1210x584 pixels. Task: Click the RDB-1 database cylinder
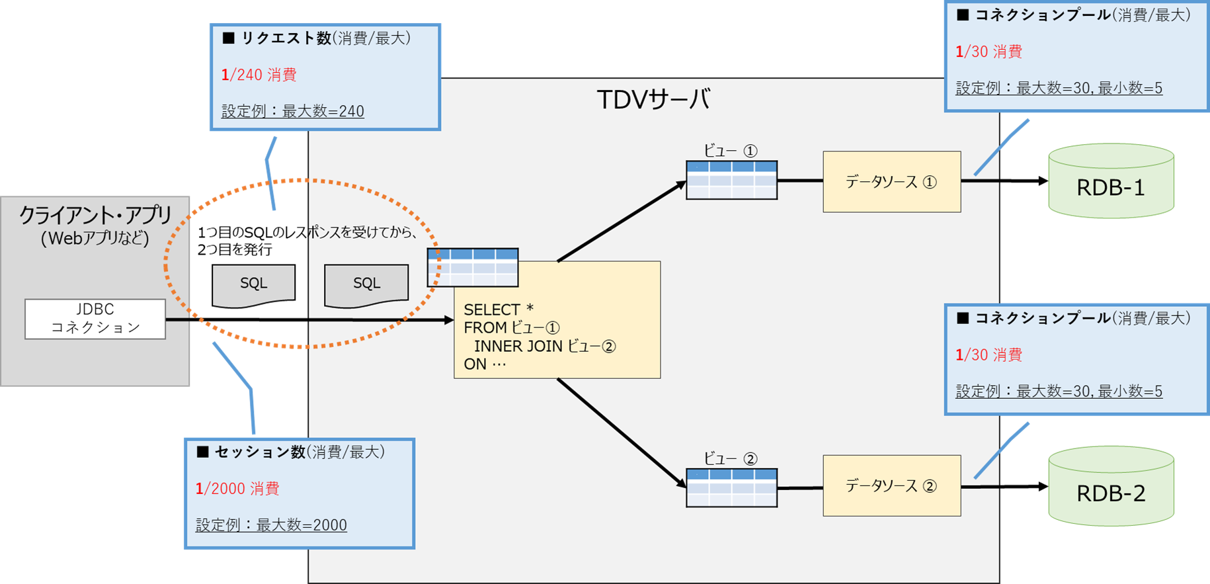click(1111, 181)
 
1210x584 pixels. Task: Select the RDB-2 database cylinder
click(1111, 486)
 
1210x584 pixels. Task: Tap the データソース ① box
click(891, 182)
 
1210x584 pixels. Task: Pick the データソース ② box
click(891, 486)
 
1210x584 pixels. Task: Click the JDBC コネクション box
click(95, 319)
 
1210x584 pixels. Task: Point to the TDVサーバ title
click(653, 100)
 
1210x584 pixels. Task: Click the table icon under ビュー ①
click(731, 180)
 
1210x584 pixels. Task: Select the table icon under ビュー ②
click(731, 488)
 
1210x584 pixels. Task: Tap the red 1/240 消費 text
click(259, 75)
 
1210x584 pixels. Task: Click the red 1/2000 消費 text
click(237, 489)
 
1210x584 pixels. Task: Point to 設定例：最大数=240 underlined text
click(293, 111)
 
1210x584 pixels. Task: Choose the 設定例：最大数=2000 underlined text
click(271, 525)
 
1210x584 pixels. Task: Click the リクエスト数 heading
click(286, 38)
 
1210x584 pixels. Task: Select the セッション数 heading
click(260, 452)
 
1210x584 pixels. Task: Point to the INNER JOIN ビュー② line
click(545, 346)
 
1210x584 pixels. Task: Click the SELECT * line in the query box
click(499, 310)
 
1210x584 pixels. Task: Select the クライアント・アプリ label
click(95, 215)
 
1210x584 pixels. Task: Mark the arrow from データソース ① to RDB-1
click(1005, 181)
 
